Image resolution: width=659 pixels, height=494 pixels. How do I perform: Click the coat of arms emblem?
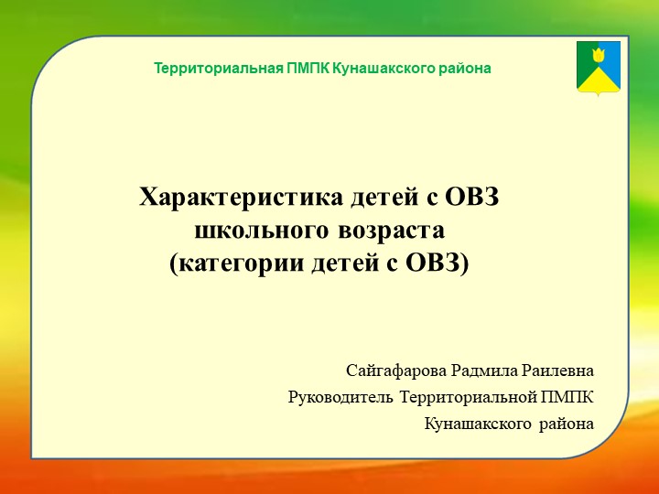pyautogui.click(x=599, y=68)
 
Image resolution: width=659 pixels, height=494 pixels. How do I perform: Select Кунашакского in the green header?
pyautogui.click(x=376, y=69)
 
